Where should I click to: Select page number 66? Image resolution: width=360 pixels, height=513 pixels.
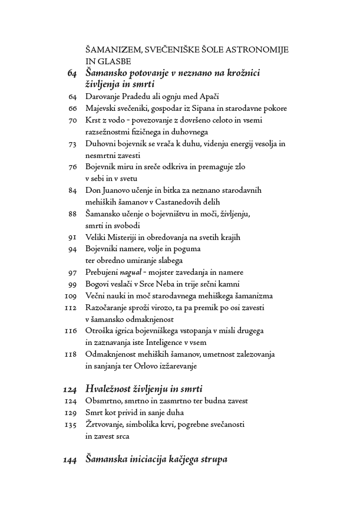(73, 108)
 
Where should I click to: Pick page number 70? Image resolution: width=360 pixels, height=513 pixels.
(73, 120)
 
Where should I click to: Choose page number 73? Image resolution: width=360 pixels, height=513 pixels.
(73, 143)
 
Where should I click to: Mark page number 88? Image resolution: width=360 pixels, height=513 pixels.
(73, 213)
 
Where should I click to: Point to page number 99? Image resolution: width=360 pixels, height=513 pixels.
(73, 284)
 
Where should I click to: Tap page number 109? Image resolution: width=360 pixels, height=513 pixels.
(71, 295)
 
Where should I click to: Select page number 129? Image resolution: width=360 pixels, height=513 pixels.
(71, 413)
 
